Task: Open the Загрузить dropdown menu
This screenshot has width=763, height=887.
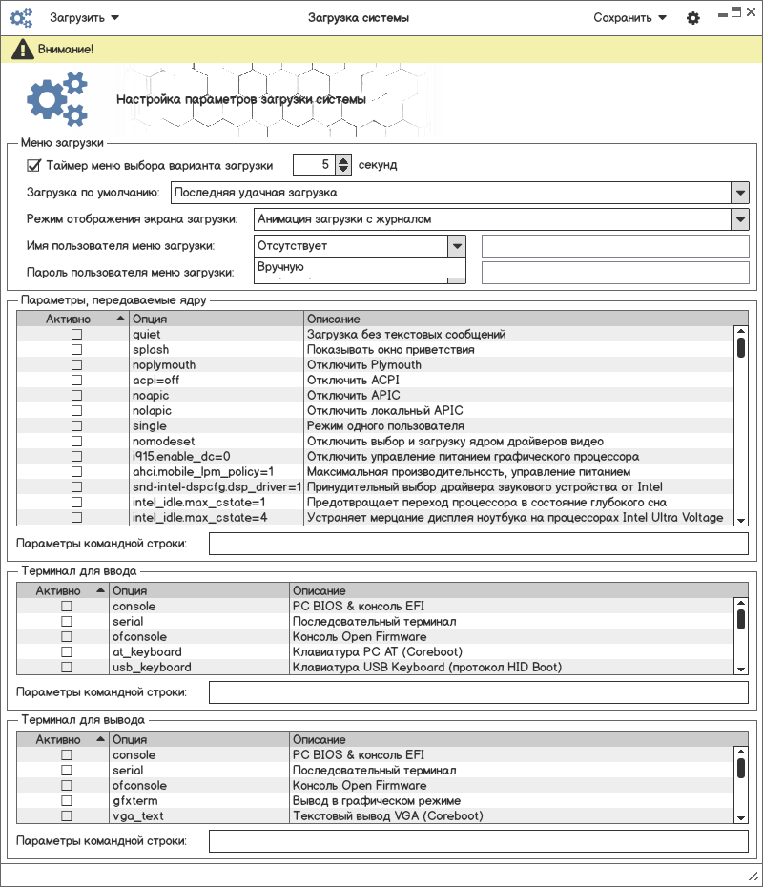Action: pos(84,18)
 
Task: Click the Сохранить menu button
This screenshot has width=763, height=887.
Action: pos(629,18)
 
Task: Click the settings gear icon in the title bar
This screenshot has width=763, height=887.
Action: pos(693,18)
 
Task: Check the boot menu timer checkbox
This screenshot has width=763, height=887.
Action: pos(34,165)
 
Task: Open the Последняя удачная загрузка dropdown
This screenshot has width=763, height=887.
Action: pos(740,193)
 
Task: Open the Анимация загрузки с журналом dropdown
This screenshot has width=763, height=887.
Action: pos(740,219)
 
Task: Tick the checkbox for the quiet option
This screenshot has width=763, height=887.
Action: pos(77,335)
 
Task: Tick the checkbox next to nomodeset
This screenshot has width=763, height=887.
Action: pos(77,442)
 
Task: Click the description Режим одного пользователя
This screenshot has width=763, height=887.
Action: pos(385,426)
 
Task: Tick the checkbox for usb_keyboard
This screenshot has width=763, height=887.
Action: pos(67,668)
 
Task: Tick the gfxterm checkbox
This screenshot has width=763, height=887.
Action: pos(67,801)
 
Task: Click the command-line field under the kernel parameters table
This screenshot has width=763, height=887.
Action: pos(478,544)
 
